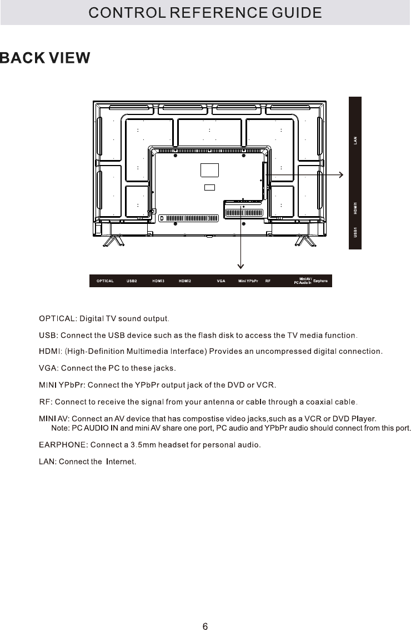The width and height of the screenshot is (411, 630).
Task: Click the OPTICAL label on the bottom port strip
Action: pyautogui.click(x=105, y=281)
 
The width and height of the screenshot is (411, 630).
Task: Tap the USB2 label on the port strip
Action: pyautogui.click(x=132, y=281)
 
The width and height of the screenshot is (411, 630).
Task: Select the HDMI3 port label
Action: pyautogui.click(x=158, y=281)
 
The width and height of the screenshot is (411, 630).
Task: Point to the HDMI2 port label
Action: pyautogui.click(x=185, y=281)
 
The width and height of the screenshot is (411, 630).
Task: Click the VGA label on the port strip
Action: pyautogui.click(x=220, y=281)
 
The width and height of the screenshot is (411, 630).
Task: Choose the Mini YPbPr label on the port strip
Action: pyautogui.click(x=248, y=281)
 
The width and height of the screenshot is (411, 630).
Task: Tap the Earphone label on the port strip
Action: pyautogui.click(x=320, y=281)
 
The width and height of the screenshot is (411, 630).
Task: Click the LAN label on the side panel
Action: pyautogui.click(x=355, y=141)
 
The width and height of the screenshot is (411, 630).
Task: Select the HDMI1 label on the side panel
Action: pyautogui.click(x=355, y=209)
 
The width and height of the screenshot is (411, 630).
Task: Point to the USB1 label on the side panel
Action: pyautogui.click(x=355, y=232)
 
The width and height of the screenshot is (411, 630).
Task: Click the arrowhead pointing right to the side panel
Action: pyautogui.click(x=340, y=174)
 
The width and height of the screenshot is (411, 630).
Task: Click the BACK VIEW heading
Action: pyautogui.click(x=45, y=58)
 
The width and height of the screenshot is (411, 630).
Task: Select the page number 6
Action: pyautogui.click(x=205, y=611)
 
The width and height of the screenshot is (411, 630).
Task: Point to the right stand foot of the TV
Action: pyautogui.click(x=304, y=240)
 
